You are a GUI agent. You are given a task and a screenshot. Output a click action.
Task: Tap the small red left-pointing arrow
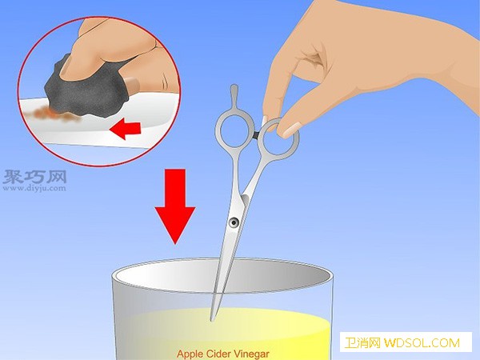click(x=125, y=129)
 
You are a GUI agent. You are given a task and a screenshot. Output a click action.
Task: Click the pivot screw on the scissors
click(x=234, y=222)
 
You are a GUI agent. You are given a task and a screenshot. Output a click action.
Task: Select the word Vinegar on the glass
click(x=252, y=354)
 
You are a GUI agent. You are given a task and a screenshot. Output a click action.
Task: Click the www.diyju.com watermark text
click(x=34, y=188)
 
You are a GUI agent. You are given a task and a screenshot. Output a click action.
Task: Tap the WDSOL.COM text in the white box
click(x=422, y=343)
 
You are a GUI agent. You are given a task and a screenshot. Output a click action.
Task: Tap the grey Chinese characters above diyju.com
click(x=34, y=177)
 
